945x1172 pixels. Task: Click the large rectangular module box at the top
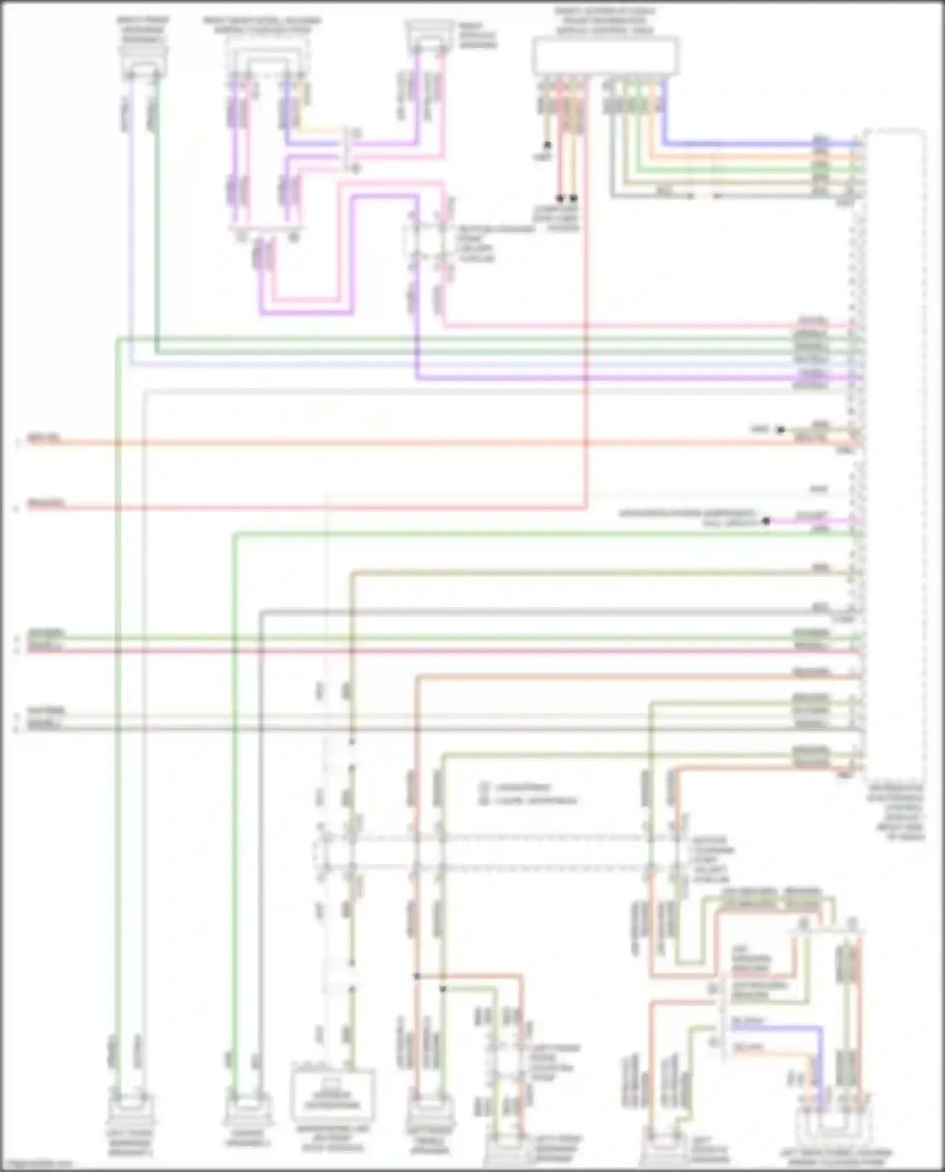(x=605, y=55)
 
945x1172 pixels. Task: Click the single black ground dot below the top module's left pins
(x=547, y=145)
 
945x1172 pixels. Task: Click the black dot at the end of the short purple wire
(x=766, y=521)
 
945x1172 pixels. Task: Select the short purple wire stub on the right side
(x=813, y=522)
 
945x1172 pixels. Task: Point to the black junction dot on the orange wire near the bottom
(x=416, y=976)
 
